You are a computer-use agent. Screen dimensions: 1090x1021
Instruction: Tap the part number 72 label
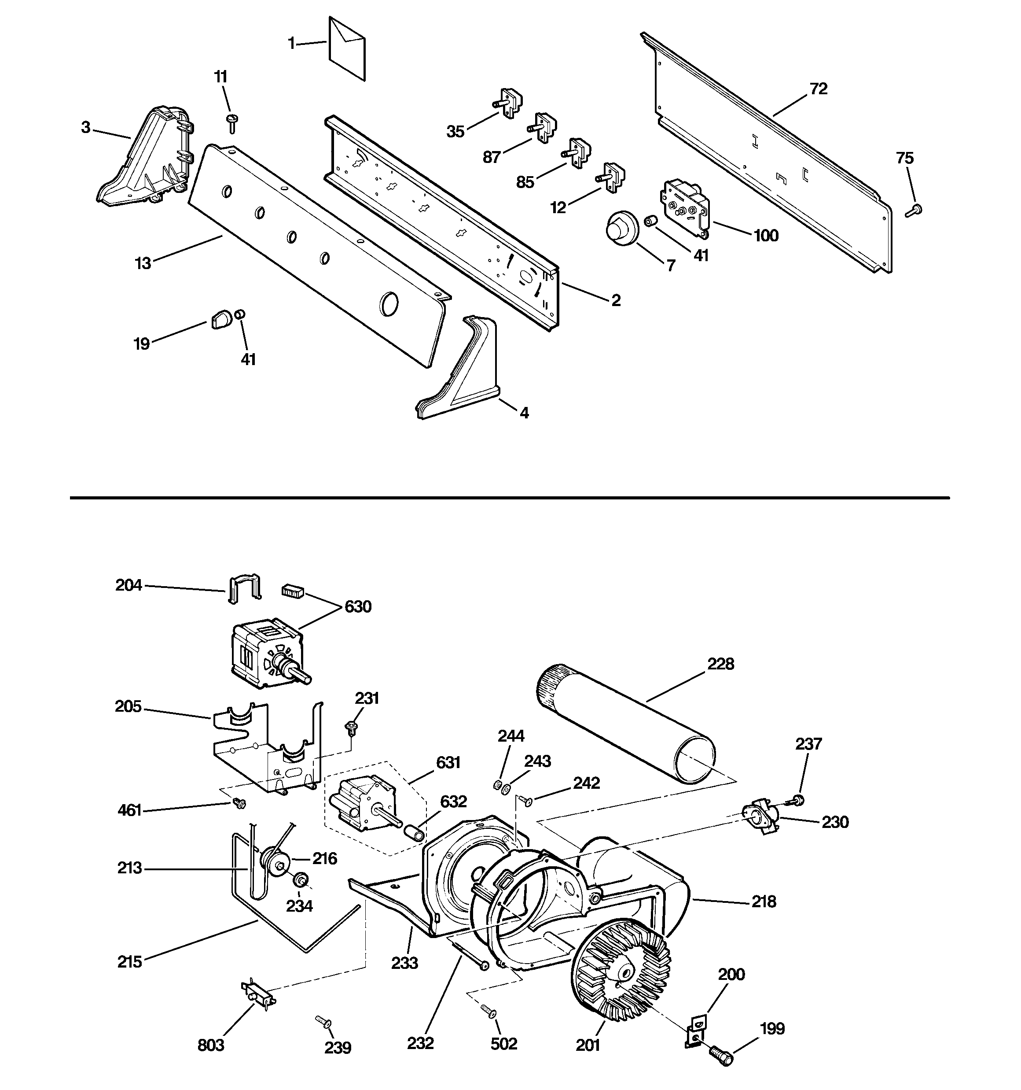tap(818, 89)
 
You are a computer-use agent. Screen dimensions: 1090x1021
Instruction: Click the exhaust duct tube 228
tap(625, 721)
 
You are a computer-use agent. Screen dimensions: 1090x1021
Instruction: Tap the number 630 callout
tap(358, 607)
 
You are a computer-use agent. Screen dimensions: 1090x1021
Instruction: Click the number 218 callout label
tap(764, 902)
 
